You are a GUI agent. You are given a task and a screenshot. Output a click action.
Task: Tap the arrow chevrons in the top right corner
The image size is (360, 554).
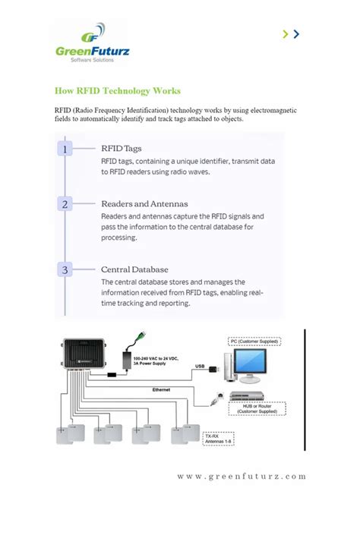pos(291,33)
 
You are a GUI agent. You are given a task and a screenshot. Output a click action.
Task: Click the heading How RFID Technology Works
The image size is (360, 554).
pos(118,91)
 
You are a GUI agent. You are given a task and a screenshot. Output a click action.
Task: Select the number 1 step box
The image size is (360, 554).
pos(65,150)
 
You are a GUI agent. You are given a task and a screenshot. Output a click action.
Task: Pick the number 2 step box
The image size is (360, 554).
pos(65,204)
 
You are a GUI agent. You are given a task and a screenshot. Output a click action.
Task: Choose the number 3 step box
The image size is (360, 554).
pos(65,269)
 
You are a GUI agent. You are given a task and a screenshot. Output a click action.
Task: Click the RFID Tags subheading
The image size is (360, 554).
pos(122,149)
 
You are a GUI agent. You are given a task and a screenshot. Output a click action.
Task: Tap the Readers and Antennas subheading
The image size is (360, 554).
pos(144,203)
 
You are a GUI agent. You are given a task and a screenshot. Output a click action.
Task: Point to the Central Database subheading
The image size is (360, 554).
pos(134,269)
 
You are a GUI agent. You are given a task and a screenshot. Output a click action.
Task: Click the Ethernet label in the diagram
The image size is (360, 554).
pos(161,389)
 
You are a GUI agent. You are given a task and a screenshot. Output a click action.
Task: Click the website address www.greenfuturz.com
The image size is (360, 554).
pos(242,477)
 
